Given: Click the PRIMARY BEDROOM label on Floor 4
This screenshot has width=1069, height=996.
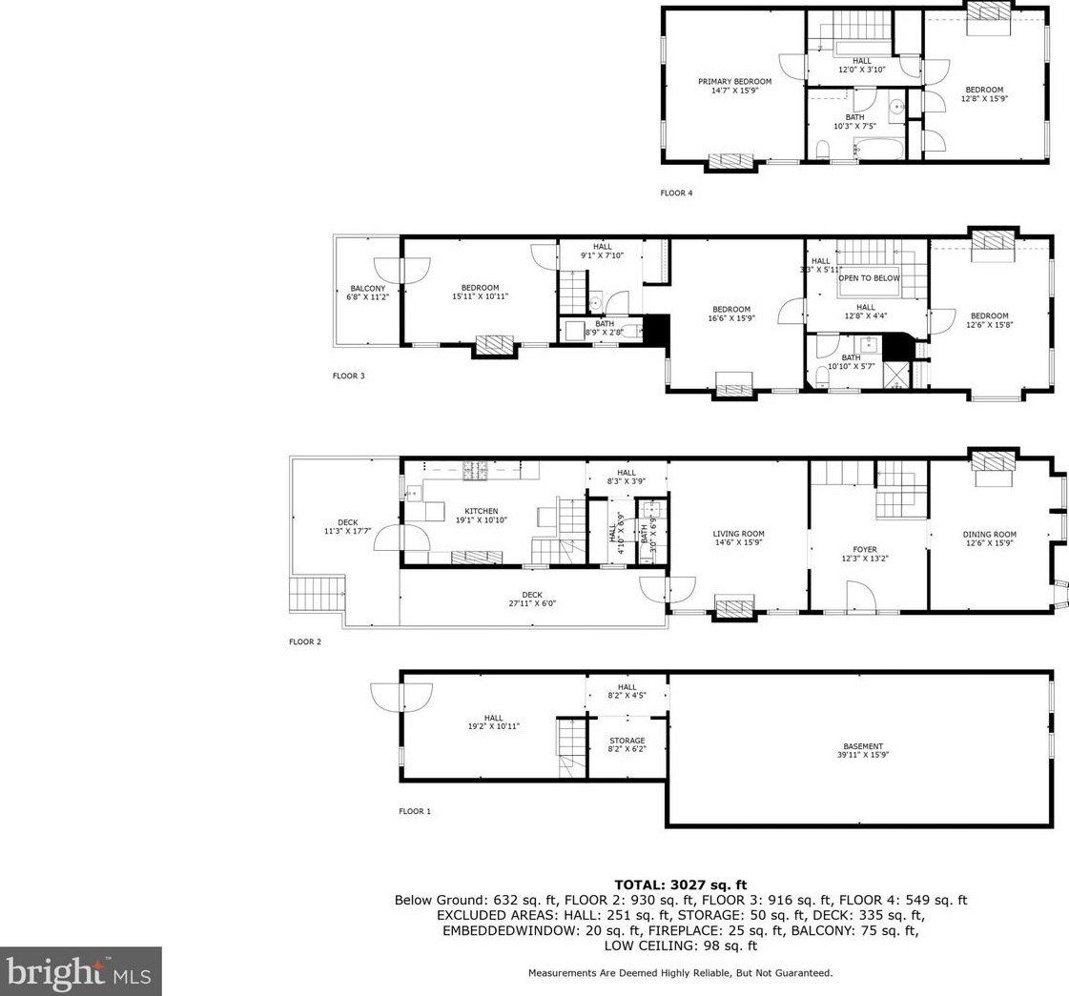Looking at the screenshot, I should coord(734,82).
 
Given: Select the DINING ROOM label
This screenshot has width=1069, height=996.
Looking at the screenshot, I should coord(989,535).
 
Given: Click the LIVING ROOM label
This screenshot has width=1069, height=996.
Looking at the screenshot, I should coord(738,534).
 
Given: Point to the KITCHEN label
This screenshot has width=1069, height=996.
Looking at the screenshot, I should coord(481,511).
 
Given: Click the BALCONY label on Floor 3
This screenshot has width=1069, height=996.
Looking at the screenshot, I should coord(367,288).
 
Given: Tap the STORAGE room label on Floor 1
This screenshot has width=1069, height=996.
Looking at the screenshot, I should coord(627,741).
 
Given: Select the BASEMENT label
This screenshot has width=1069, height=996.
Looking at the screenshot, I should coord(862,746).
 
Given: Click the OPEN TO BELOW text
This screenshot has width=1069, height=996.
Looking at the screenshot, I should coord(868,278).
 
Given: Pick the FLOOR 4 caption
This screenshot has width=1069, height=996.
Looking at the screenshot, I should coord(676,193).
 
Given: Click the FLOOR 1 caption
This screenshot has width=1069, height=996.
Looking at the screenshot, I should coord(415,812).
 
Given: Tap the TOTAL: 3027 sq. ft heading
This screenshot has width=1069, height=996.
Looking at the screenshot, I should coord(680,885).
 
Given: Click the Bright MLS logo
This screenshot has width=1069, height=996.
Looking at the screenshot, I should coord(81,971).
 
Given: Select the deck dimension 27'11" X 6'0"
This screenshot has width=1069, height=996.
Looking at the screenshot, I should coord(531,603).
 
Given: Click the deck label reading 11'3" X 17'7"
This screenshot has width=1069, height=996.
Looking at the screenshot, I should coord(347,531).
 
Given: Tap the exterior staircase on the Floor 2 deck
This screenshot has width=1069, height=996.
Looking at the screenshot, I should coord(318,596).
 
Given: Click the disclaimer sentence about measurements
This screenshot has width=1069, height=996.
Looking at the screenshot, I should coord(680,973).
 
